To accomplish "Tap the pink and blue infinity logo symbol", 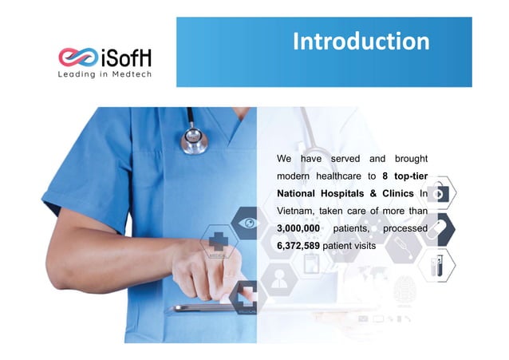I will tap(77, 57).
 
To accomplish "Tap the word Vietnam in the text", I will tap(298, 211).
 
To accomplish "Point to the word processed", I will tap(406, 228).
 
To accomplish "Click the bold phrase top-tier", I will tap(411, 176).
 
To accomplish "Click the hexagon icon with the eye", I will tap(248, 224).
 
